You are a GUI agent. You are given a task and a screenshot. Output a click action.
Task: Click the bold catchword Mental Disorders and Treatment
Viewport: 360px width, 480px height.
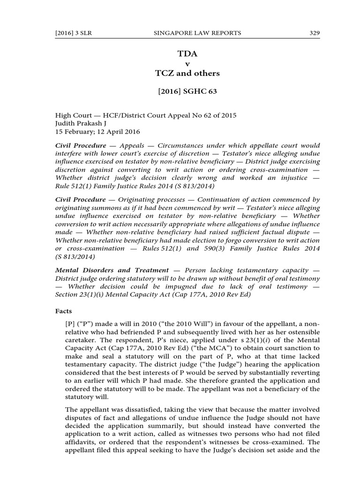112,270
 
